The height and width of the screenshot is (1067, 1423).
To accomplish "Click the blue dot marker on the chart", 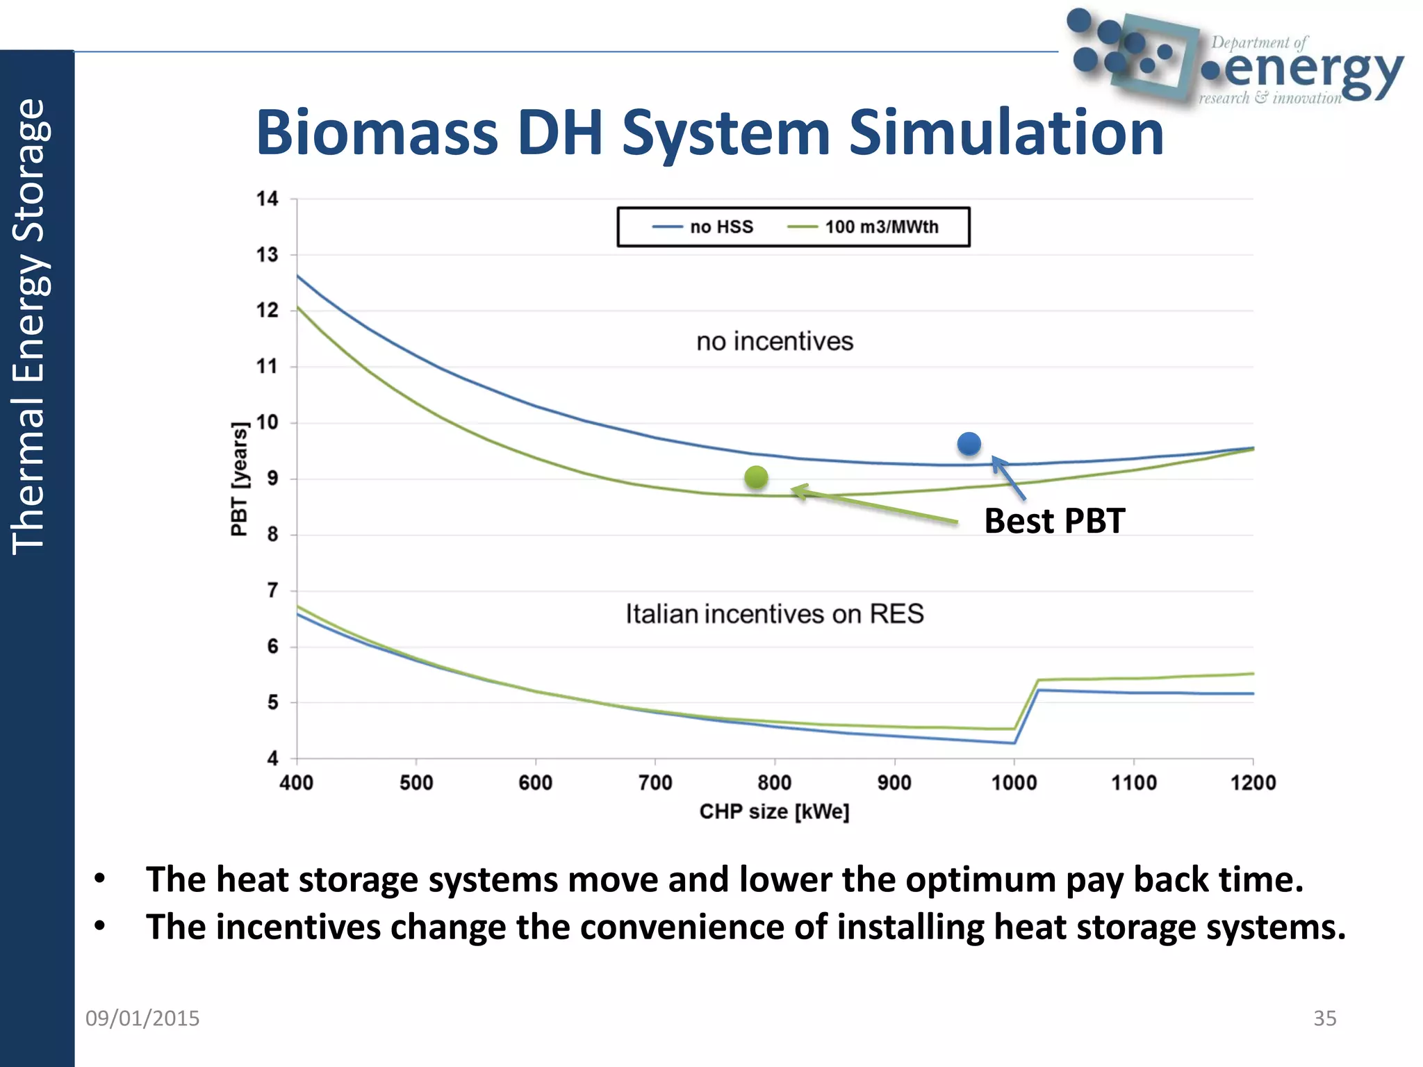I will [969, 444].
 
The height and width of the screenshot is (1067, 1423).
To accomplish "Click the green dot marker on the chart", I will [756, 477].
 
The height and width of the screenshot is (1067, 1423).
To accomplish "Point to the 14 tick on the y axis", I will [268, 199].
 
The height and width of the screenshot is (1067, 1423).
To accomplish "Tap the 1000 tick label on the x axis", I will [1014, 783].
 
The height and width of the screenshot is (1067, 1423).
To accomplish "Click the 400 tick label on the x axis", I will [297, 783].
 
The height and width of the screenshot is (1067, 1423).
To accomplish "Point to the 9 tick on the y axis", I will [272, 479].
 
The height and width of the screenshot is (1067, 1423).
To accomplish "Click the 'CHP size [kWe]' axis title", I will [774, 811].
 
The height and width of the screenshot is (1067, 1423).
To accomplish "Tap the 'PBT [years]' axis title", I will [239, 479].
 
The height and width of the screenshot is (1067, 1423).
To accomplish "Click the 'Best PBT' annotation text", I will [1054, 521].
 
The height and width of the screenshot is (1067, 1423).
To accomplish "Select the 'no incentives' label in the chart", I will [775, 342].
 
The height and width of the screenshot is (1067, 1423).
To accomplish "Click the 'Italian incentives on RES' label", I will [775, 614].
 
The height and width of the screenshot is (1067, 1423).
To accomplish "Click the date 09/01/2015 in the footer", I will [142, 1018].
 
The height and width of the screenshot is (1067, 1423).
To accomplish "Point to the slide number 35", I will [1324, 1018].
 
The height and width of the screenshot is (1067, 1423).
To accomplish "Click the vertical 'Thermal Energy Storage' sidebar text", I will [29, 326].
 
